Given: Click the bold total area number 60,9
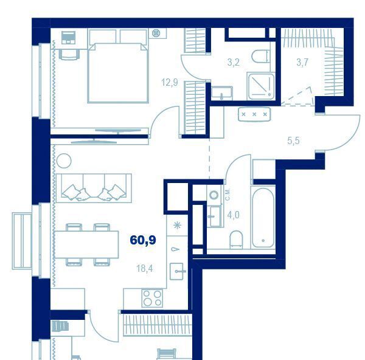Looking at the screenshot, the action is pyautogui.click(x=143, y=240).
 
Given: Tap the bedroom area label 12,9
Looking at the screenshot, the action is pyautogui.click(x=170, y=82).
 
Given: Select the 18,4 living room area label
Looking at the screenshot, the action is pyautogui.click(x=145, y=269).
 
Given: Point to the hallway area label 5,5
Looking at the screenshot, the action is pyautogui.click(x=293, y=141).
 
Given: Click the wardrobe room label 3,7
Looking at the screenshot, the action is pyautogui.click(x=302, y=63).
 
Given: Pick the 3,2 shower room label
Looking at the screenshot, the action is pyautogui.click(x=234, y=63).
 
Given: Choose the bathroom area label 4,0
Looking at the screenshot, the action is pyautogui.click(x=233, y=215).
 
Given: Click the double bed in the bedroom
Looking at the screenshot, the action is pyautogui.click(x=118, y=73).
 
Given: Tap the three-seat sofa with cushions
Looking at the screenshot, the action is pyautogui.click(x=94, y=188).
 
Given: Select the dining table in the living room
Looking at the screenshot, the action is pyautogui.click(x=86, y=244).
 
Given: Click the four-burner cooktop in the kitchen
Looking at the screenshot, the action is pyautogui.click(x=153, y=298).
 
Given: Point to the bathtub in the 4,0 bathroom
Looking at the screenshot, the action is pyautogui.click(x=263, y=217).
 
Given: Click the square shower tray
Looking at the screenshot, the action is pyautogui.click(x=261, y=86).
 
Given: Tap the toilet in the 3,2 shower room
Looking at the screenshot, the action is pyautogui.click(x=260, y=57).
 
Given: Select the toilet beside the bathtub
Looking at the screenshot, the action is pyautogui.click(x=236, y=240).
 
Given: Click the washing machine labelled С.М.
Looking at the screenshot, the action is pyautogui.click(x=214, y=195).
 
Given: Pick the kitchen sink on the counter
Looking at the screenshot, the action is pyautogui.click(x=178, y=271).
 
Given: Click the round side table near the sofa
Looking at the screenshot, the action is pyautogui.click(x=64, y=161).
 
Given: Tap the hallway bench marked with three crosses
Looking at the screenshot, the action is pyautogui.click(x=254, y=114).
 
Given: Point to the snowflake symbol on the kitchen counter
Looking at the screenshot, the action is pyautogui.click(x=178, y=225).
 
